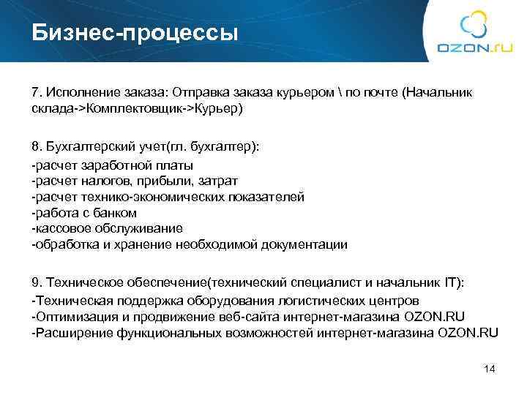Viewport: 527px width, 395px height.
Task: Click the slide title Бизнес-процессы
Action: (x=135, y=32)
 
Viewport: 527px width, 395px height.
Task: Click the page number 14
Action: (x=490, y=369)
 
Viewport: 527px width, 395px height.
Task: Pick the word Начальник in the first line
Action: (x=440, y=93)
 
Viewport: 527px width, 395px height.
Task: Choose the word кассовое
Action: (x=59, y=228)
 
